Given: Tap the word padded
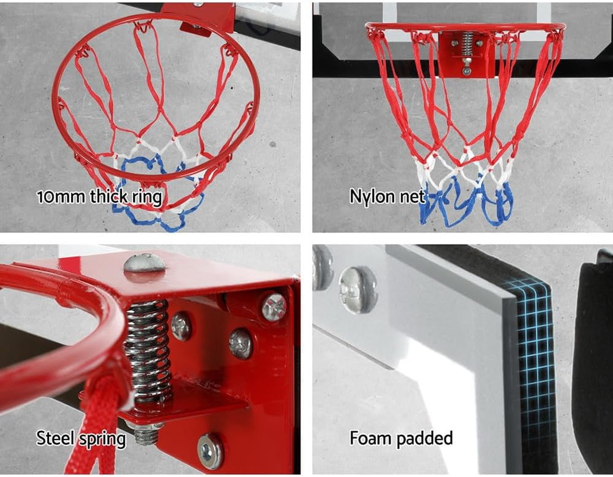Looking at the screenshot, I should coord(425,438).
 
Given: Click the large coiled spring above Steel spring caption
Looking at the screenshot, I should coord(147,352).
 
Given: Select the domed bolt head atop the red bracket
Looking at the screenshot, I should coord(144,262).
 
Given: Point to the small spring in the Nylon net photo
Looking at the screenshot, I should coord(467,42).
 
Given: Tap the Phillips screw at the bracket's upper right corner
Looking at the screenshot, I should coord(273,306).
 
